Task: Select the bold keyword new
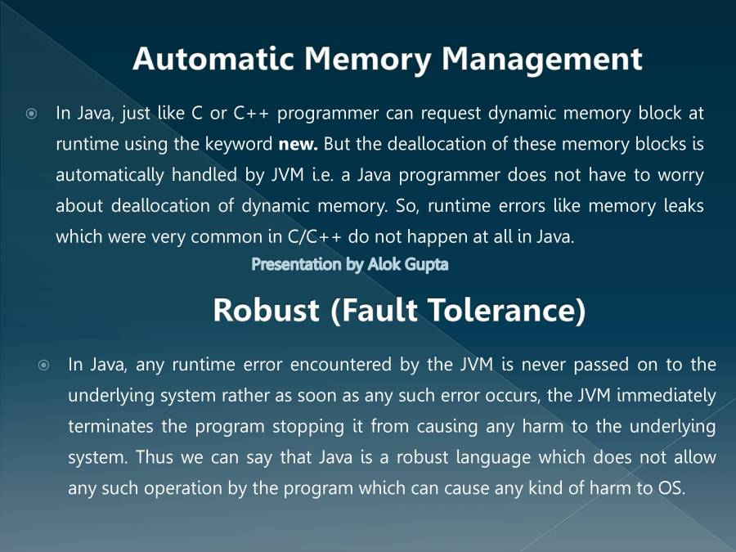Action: point(297,145)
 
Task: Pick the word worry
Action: point(680,175)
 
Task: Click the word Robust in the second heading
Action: point(266,311)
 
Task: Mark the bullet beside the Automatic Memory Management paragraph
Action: point(31,114)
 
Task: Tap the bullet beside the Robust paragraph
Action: point(44,365)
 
